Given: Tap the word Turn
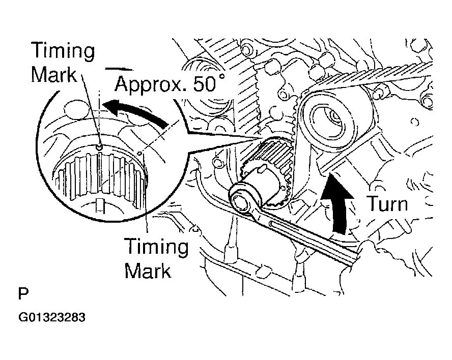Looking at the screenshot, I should tap(387, 204).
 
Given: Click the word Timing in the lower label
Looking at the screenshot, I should tap(157, 248).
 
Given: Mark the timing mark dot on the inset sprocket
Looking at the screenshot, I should tap(100, 147).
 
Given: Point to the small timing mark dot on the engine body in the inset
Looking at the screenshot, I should tap(139, 151).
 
